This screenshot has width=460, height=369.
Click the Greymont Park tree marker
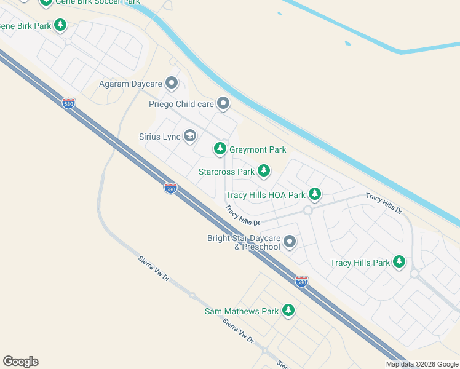pos(220,149)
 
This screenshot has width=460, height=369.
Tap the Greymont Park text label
pos(258,149)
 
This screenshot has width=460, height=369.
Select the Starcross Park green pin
pos(264,171)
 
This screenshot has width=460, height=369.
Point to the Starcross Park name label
pos(226,172)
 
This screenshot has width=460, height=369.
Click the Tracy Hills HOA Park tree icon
pos(315,194)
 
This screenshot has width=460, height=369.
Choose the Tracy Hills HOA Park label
pos(266,196)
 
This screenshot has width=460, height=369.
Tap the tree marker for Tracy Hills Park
pos(400,262)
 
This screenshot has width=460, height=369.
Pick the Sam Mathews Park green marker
pos(288,311)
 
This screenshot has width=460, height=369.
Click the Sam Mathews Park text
pos(242,312)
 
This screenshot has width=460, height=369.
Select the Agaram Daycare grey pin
pos(172,82)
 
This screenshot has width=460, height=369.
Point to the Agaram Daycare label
pos(130,83)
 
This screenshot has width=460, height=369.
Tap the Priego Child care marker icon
pos(223,103)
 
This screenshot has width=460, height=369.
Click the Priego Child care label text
pos(181,104)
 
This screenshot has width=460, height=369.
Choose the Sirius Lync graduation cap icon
pos(190,135)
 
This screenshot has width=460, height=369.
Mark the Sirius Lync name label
pos(159,137)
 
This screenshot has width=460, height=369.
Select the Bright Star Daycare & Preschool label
pos(244,242)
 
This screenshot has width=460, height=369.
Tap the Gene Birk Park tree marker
pos(60,25)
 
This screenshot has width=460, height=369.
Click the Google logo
pos(20,362)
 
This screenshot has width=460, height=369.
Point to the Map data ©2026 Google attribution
pos(422,364)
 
